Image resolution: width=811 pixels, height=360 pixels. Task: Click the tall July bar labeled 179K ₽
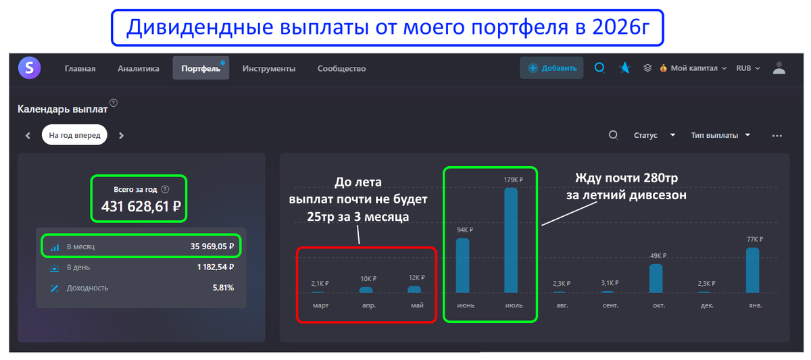(x=511, y=240)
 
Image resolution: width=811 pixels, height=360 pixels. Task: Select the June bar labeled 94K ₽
(x=462, y=265)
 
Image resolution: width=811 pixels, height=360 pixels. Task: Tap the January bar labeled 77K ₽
(x=753, y=269)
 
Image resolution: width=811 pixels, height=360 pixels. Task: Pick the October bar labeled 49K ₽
(x=656, y=278)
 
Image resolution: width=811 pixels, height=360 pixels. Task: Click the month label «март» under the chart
(x=320, y=305)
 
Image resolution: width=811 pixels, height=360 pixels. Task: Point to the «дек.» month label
(x=704, y=305)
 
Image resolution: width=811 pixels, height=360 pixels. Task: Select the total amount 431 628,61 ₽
(x=141, y=206)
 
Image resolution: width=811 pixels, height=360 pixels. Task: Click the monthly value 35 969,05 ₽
(x=212, y=247)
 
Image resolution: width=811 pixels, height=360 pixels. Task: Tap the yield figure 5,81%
(x=223, y=288)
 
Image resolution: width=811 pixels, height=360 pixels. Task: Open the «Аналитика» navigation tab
(x=138, y=68)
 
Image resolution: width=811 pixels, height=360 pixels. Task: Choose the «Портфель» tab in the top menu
(x=201, y=68)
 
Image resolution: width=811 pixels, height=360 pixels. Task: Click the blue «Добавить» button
(x=552, y=68)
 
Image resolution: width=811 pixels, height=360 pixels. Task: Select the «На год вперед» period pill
(x=74, y=135)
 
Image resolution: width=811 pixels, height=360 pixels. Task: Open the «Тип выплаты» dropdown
(x=721, y=135)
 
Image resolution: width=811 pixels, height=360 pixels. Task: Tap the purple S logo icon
(x=30, y=68)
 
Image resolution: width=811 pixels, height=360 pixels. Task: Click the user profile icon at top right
(x=779, y=68)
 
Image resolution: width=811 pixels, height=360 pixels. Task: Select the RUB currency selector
(x=747, y=68)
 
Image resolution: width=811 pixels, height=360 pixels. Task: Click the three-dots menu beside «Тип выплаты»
(x=777, y=136)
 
